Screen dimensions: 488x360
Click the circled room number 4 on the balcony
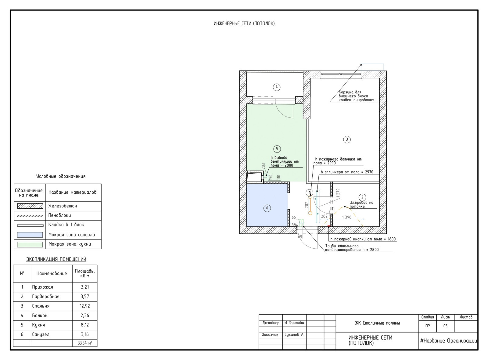(x=277, y=87)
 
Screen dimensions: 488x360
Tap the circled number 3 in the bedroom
(x=347, y=139)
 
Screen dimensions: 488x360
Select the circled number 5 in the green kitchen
(x=277, y=149)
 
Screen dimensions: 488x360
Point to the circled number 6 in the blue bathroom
(x=267, y=208)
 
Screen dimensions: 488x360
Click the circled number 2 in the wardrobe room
(x=362, y=197)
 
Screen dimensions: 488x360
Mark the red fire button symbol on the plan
(x=329, y=226)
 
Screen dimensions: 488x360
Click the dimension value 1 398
(x=346, y=217)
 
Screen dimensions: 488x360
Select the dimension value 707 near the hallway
(x=307, y=205)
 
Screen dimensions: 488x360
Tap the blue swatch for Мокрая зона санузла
(x=30, y=235)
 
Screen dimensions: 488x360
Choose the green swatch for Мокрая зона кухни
(x=30, y=244)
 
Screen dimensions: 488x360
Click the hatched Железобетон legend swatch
(x=30, y=206)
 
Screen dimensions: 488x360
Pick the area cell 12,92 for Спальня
(x=85, y=306)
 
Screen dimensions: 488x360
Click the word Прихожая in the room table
(x=42, y=287)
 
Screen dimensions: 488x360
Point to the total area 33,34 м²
(x=85, y=343)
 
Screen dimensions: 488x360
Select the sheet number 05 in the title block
(x=445, y=326)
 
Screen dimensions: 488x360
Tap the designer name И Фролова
(x=294, y=323)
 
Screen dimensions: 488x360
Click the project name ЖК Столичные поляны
(x=377, y=323)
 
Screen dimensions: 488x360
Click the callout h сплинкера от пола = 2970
(x=347, y=172)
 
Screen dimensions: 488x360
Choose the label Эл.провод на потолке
(x=361, y=204)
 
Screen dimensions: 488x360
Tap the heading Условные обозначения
(x=61, y=176)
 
